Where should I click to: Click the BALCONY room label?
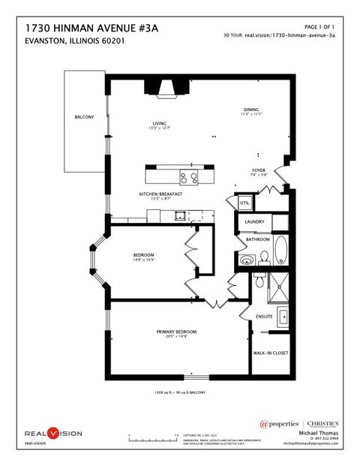[84, 118]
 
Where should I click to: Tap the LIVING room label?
[159, 124]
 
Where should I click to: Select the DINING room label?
[250, 109]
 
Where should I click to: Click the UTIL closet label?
[244, 203]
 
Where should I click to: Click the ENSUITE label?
[263, 316]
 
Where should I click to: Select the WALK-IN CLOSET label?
[270, 353]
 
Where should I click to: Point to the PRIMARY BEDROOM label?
[176, 331]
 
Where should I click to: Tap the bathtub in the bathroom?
[280, 249]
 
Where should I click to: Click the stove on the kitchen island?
[188, 178]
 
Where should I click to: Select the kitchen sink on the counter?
[181, 216]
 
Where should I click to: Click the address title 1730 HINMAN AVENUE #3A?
[91, 27]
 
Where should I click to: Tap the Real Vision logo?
[52, 433]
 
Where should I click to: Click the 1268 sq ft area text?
[180, 392]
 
